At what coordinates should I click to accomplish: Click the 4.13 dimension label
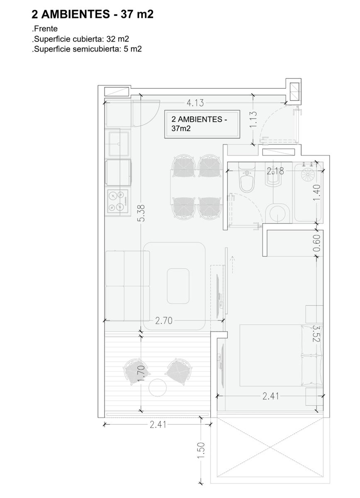[x=195, y=103]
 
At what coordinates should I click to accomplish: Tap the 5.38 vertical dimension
[x=141, y=213]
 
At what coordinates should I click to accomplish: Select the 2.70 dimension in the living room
[x=164, y=320]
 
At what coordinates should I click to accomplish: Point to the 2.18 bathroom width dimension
[x=275, y=171]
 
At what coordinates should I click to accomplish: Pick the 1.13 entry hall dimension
[x=253, y=120]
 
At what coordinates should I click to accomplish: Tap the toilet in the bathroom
[x=247, y=178]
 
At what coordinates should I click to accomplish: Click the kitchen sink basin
[x=119, y=144]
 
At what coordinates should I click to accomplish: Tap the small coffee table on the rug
[x=178, y=286]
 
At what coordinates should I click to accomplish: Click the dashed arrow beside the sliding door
[x=232, y=265]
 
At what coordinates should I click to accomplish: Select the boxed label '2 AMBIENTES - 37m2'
[x=202, y=124]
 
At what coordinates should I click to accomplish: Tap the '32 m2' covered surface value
[x=118, y=39]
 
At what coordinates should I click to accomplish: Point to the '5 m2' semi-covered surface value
[x=133, y=49]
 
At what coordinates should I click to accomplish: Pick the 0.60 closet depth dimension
[x=316, y=244]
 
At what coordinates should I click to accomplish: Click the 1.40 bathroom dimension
[x=316, y=193]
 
